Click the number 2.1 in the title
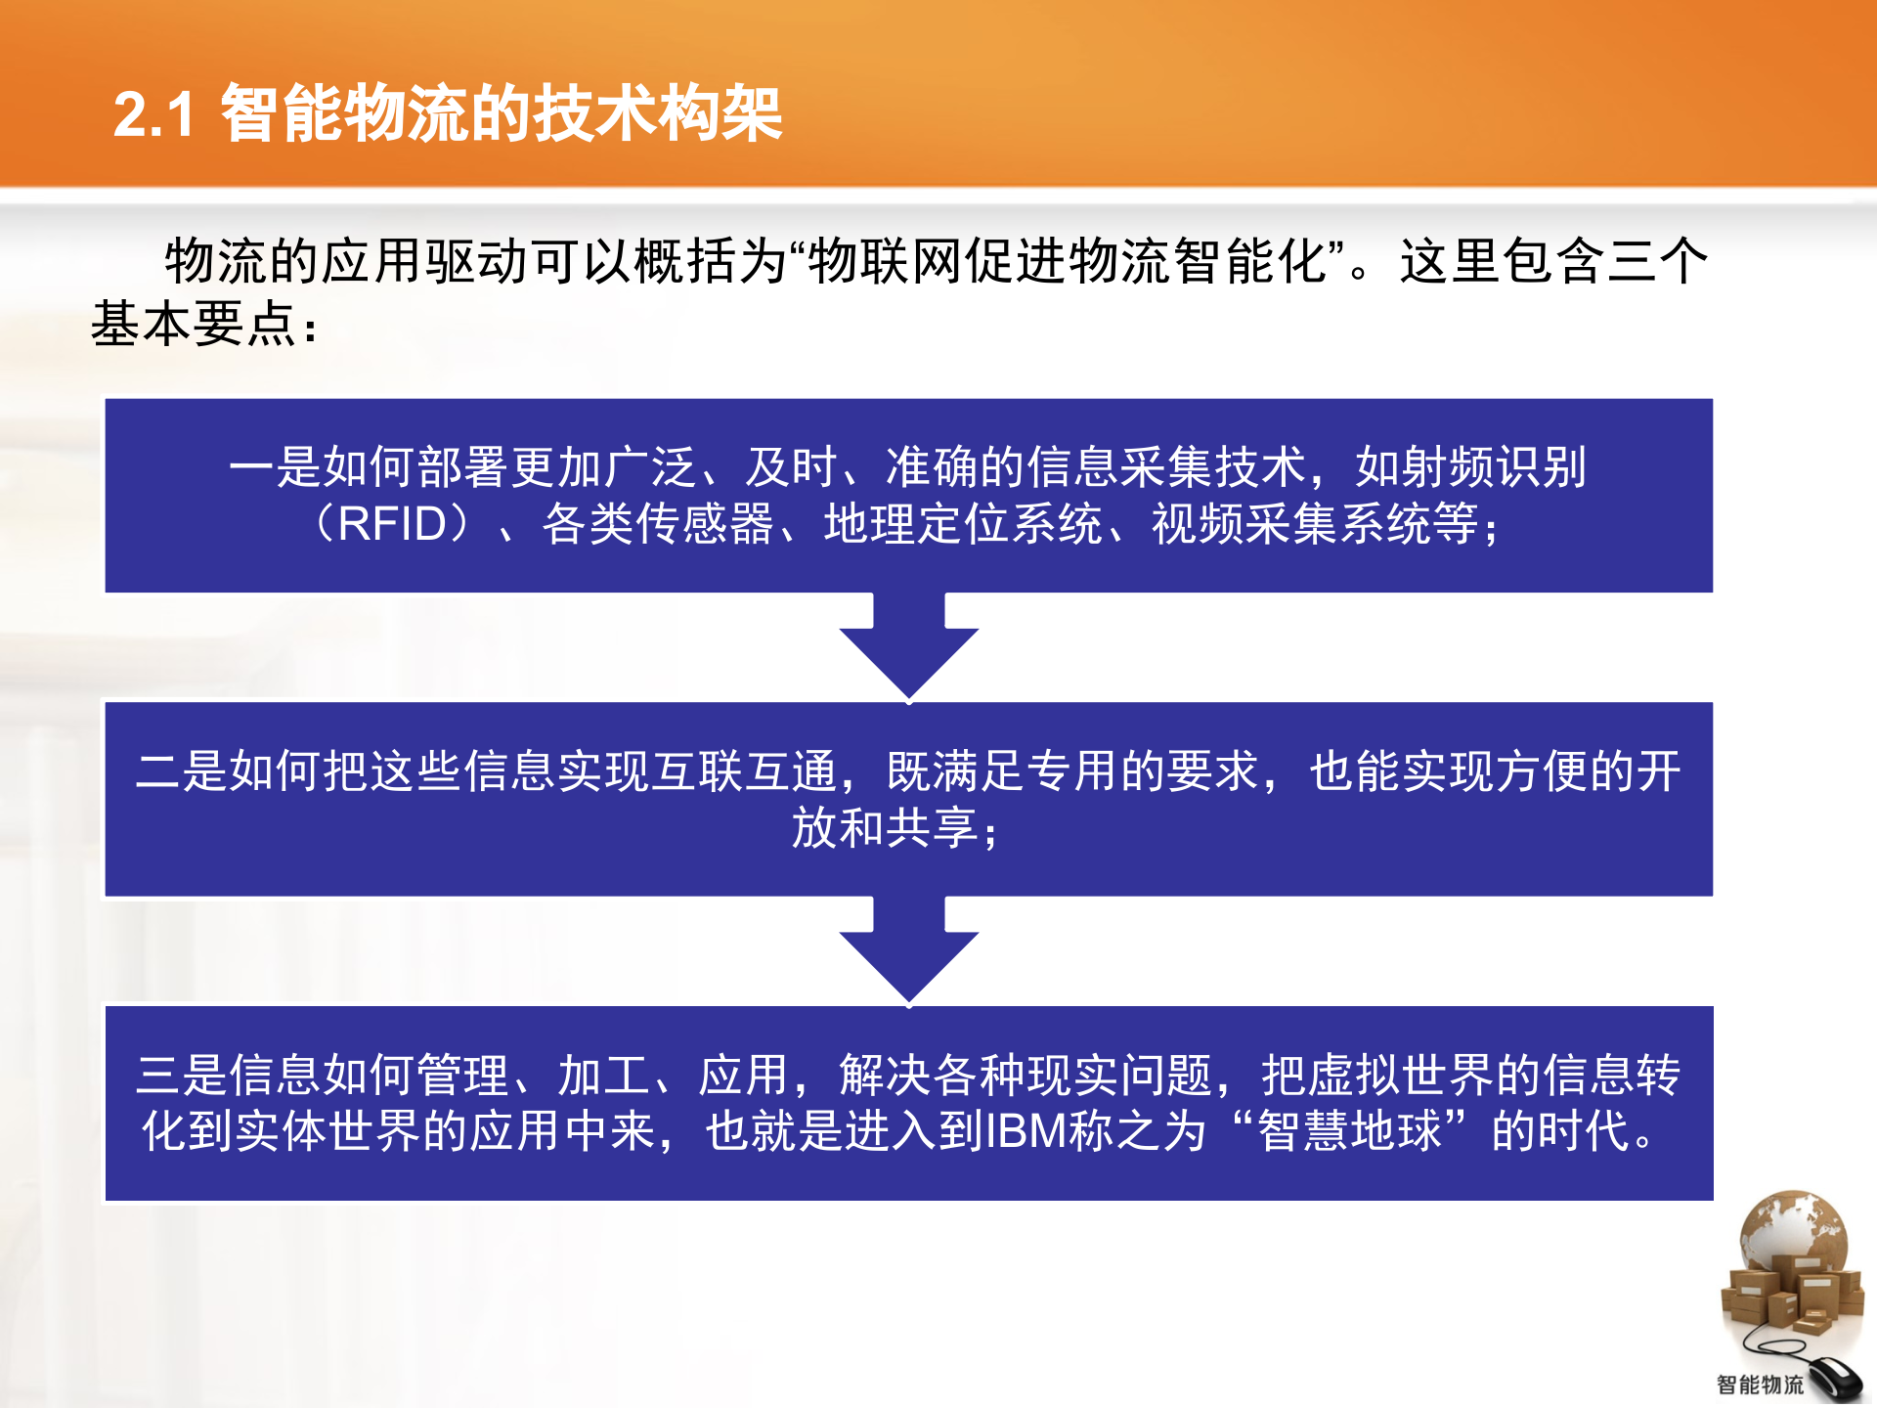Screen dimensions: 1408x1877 click(x=154, y=114)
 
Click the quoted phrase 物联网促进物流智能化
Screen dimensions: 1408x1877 click(x=1068, y=262)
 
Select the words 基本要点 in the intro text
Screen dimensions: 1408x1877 click(x=193, y=324)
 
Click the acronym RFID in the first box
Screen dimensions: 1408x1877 click(x=392, y=524)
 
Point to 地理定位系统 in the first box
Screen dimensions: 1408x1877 click(x=963, y=524)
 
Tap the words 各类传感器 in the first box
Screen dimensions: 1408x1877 click(x=658, y=524)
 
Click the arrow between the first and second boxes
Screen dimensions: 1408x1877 click(x=909, y=646)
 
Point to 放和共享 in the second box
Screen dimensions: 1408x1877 click(x=884, y=828)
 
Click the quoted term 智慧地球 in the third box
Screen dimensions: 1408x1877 click(x=1350, y=1131)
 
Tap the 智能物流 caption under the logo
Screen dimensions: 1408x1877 click(x=1760, y=1385)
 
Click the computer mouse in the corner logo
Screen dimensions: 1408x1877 click(x=1833, y=1380)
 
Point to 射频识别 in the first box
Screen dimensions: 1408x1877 click(x=1470, y=467)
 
